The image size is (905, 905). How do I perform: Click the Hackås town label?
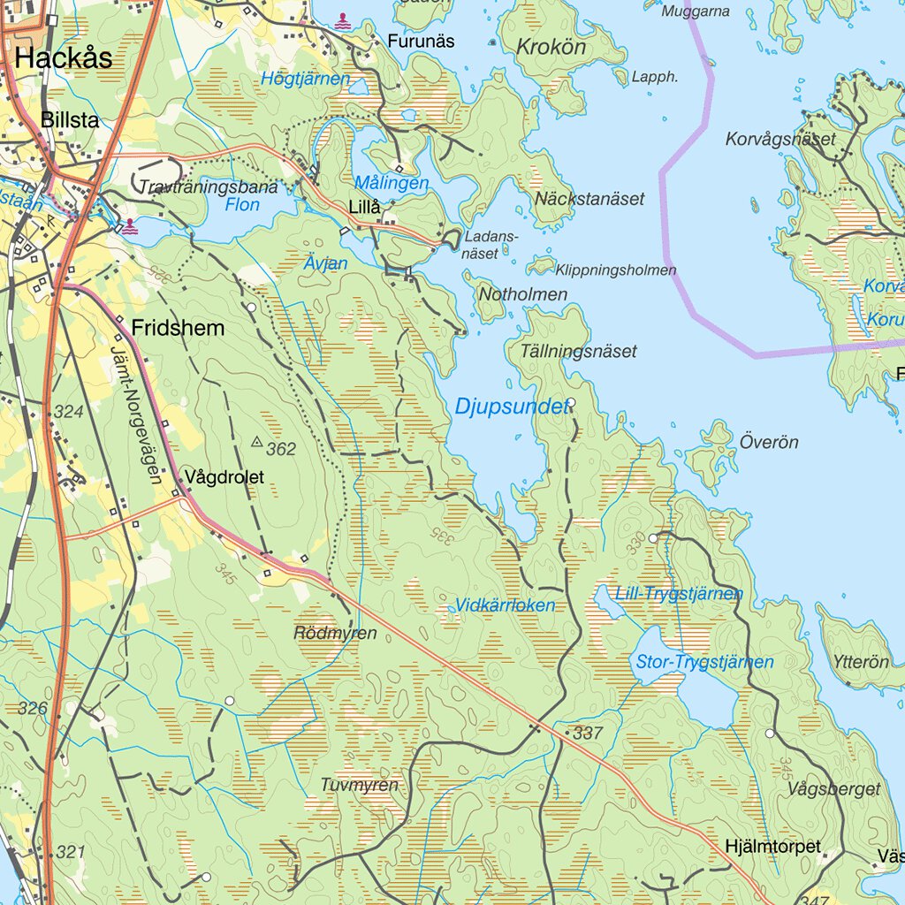(64, 58)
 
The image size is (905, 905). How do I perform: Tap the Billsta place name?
(70, 120)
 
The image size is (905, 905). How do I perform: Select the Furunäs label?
(421, 41)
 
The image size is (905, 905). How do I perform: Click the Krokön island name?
(551, 47)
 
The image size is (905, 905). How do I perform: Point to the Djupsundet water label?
(511, 407)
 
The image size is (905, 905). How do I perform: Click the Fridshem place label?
(178, 328)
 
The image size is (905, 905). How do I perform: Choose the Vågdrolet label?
(224, 477)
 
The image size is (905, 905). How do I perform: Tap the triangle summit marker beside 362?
(257, 441)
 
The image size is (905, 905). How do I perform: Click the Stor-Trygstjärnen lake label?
(704, 662)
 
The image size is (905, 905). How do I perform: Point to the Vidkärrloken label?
(505, 605)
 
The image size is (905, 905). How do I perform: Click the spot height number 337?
(587, 733)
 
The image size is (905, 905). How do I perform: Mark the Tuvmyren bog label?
(359, 785)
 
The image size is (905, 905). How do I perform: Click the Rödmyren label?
(335, 633)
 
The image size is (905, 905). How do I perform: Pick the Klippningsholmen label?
(615, 270)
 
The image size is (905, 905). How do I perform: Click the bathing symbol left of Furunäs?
(342, 18)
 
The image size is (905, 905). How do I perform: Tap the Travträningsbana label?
(209, 187)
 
